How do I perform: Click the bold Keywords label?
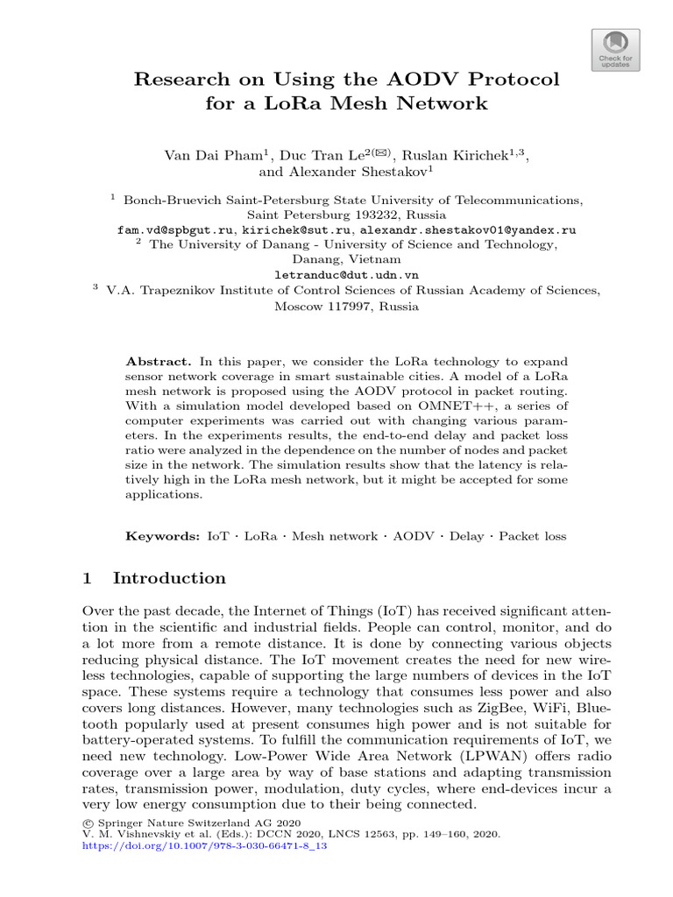tap(163, 536)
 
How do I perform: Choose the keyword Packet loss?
tap(532, 536)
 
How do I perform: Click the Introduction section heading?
tap(169, 578)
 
